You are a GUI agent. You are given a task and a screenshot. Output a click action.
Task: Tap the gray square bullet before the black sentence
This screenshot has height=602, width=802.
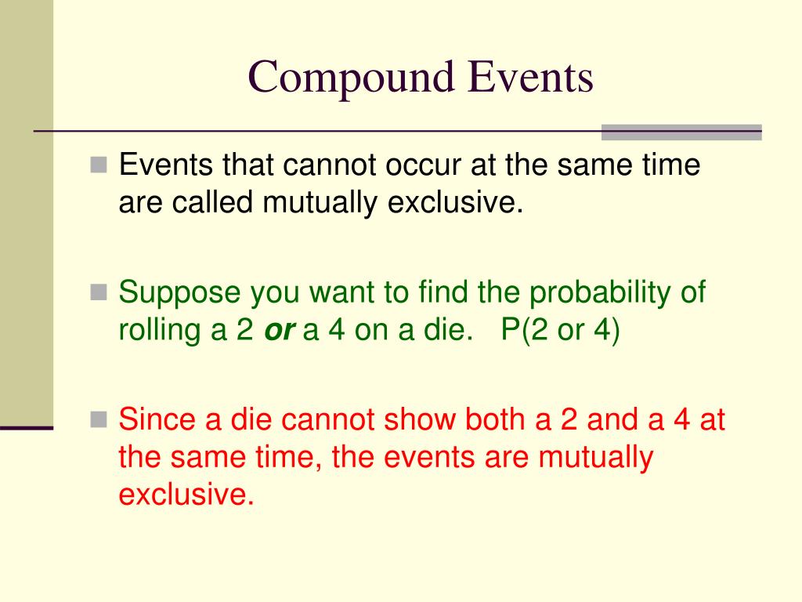click(98, 165)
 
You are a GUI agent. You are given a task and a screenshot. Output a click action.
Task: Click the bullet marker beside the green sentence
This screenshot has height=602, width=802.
click(98, 293)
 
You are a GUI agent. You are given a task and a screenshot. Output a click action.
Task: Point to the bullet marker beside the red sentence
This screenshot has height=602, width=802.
click(98, 420)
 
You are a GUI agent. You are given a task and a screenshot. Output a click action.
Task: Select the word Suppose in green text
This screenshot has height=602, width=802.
click(179, 293)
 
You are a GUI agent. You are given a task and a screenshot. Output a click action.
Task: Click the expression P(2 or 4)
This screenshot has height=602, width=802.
click(560, 331)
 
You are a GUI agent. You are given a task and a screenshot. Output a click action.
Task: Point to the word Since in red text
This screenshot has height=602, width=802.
click(157, 420)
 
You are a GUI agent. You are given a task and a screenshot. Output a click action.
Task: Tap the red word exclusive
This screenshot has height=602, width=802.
click(186, 495)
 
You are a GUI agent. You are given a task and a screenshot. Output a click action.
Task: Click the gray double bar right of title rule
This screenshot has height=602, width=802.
click(681, 132)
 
